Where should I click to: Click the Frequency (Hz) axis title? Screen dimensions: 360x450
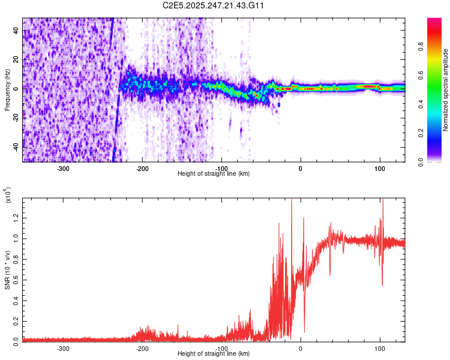click(x=7, y=89)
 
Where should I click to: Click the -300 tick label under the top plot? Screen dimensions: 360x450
click(x=64, y=168)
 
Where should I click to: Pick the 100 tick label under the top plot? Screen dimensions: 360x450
click(x=380, y=168)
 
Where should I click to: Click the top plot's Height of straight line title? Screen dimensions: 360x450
click(x=214, y=174)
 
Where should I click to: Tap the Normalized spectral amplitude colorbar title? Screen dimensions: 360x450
click(x=446, y=90)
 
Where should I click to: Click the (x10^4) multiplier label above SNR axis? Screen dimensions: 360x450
click(x=8, y=196)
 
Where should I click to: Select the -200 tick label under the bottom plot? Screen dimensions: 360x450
click(x=142, y=348)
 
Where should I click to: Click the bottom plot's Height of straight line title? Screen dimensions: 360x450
click(x=214, y=354)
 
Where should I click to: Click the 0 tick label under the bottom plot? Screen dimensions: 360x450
click(x=301, y=348)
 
